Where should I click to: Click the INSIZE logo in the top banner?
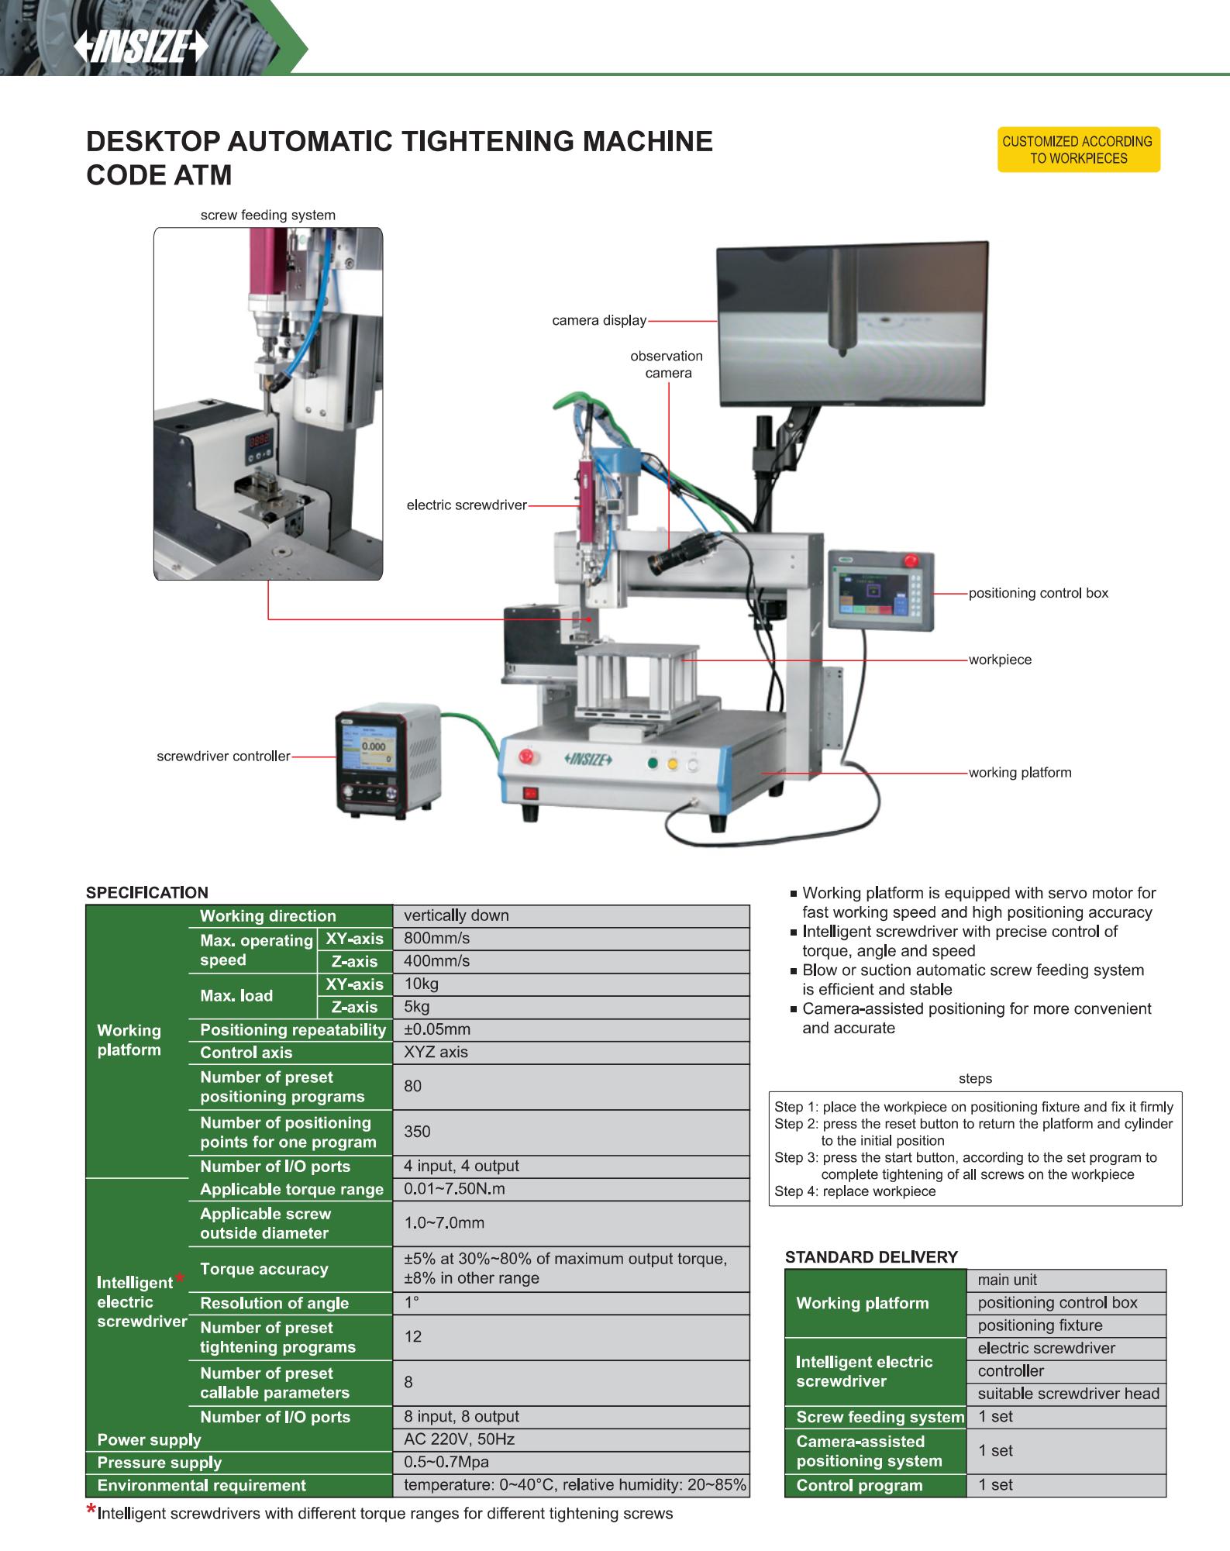pos(142,49)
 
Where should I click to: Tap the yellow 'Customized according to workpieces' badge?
pos(1078,150)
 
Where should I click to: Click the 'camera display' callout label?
pos(598,321)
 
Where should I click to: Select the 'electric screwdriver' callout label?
pos(467,505)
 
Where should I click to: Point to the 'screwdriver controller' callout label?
pos(223,756)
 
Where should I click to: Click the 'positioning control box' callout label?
pos(1039,593)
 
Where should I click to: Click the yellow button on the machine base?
pos(672,763)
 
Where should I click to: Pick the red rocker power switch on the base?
pos(532,793)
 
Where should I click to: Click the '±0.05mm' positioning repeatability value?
pos(437,1029)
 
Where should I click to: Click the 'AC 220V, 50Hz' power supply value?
pos(459,1439)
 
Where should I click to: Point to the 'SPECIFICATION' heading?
pos(147,892)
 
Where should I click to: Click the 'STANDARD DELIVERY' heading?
pos(871,1256)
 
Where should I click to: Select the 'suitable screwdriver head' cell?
pos(1067,1393)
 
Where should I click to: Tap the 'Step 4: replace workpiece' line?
pos(855,1191)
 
